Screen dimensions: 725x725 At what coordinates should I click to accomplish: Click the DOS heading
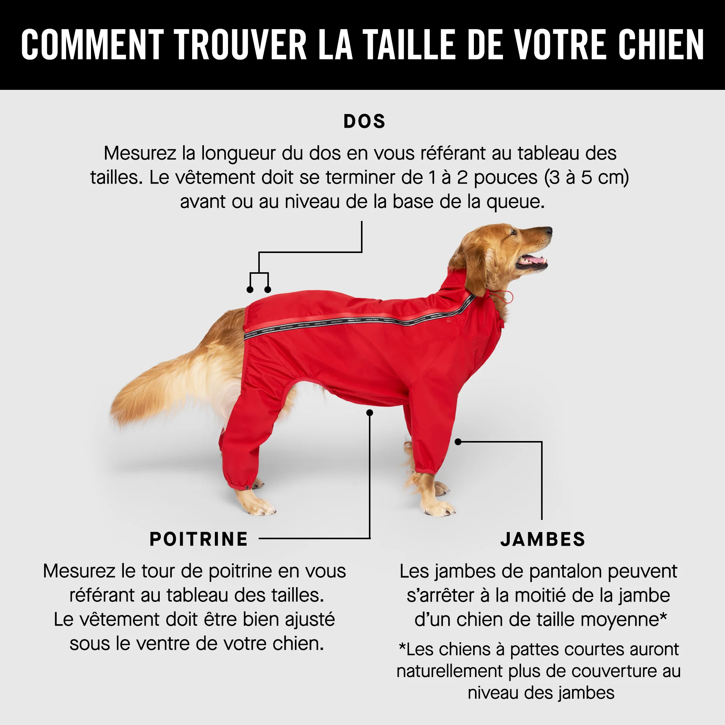(x=364, y=121)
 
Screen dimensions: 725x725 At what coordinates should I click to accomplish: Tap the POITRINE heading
(x=199, y=539)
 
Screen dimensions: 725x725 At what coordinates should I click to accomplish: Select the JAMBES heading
(x=543, y=539)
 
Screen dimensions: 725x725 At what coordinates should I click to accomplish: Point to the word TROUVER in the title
(x=240, y=45)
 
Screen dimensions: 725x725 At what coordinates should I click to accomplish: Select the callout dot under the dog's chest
(x=370, y=413)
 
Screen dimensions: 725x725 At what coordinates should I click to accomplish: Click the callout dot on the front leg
(x=458, y=442)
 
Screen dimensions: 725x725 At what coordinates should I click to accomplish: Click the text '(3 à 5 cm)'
(x=586, y=177)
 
